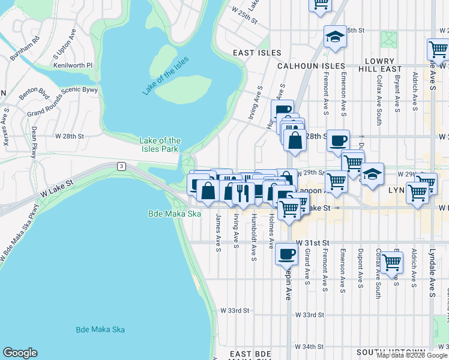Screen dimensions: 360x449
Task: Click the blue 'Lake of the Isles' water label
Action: [166, 76]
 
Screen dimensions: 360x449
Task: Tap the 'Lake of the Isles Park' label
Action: [160, 145]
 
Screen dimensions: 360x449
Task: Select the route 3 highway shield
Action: [121, 166]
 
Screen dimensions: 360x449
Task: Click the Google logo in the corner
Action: [20, 353]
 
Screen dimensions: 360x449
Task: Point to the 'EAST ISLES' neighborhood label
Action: [253, 53]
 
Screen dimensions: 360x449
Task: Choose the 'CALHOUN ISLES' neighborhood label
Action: [310, 66]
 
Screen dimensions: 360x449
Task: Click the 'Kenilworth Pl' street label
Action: [73, 65]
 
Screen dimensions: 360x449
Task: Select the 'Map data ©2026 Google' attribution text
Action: [412, 355]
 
